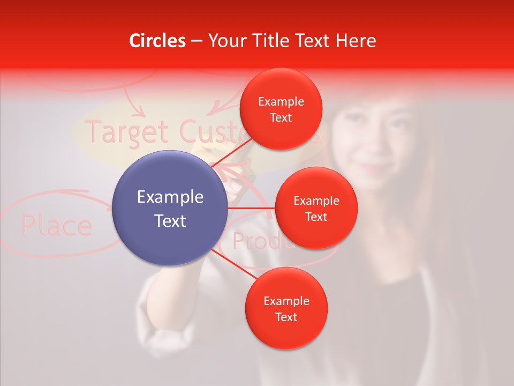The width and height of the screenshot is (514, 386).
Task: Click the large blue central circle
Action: [170, 208]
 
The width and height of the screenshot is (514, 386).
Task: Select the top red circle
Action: [281, 109]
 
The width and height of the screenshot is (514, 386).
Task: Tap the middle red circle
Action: [316, 208]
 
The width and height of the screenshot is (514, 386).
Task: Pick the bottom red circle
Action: [286, 308]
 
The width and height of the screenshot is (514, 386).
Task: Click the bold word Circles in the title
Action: [157, 41]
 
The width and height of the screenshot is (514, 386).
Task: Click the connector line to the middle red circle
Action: [252, 207]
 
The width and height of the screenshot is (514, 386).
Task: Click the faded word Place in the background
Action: [56, 226]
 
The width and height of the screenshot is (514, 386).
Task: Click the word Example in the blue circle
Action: [170, 197]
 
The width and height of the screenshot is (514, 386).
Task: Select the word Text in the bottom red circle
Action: [286, 317]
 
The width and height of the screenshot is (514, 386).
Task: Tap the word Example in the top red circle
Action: [281, 101]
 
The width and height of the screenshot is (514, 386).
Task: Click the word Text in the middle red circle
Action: [316, 217]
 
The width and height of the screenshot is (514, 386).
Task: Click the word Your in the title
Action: [225, 41]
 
